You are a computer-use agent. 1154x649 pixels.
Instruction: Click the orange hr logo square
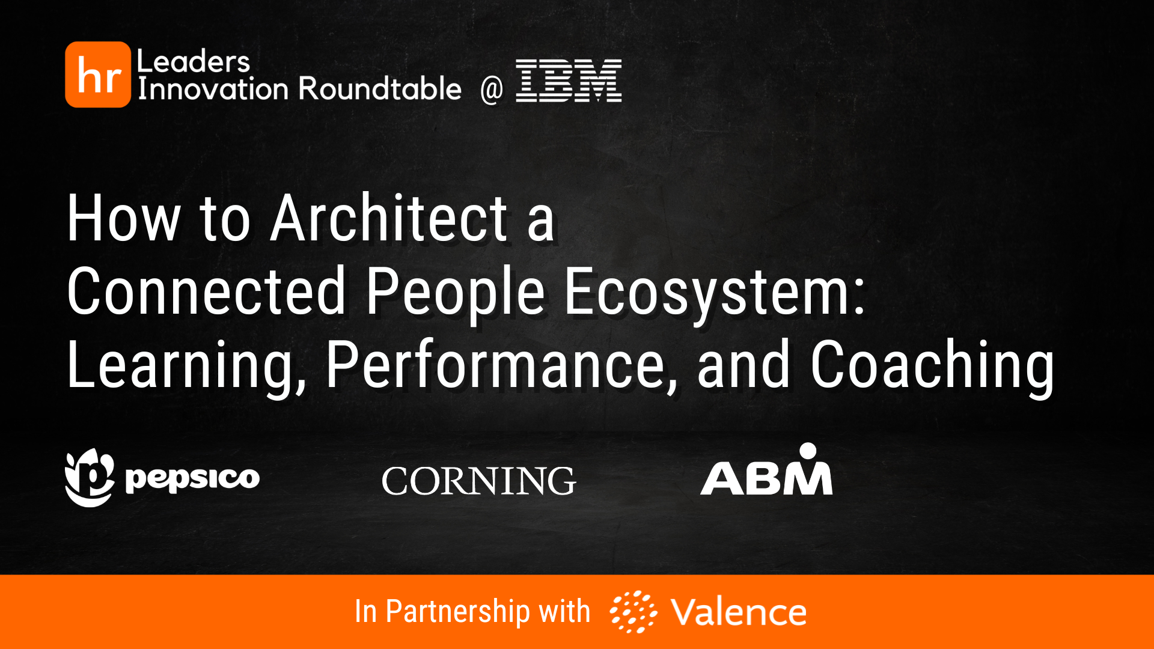click(x=98, y=75)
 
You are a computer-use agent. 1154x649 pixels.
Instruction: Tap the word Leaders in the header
click(x=193, y=61)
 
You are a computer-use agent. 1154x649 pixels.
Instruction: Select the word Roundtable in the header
click(x=380, y=89)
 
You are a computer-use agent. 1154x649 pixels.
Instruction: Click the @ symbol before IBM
click(x=491, y=90)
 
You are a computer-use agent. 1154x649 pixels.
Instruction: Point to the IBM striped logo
click(x=569, y=81)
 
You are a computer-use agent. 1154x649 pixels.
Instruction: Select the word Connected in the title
click(x=206, y=292)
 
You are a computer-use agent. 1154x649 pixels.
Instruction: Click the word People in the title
click(x=456, y=292)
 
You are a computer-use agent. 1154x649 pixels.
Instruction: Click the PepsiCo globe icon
click(x=89, y=478)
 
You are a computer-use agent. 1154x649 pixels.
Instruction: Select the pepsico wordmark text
click(x=192, y=478)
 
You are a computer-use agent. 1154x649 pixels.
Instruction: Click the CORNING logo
click(x=478, y=481)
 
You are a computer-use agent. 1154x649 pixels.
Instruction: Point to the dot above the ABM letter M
click(x=808, y=450)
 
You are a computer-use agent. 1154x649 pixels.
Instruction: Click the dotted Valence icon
click(x=633, y=612)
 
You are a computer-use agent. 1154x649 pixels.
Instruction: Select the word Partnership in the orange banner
click(x=458, y=612)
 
